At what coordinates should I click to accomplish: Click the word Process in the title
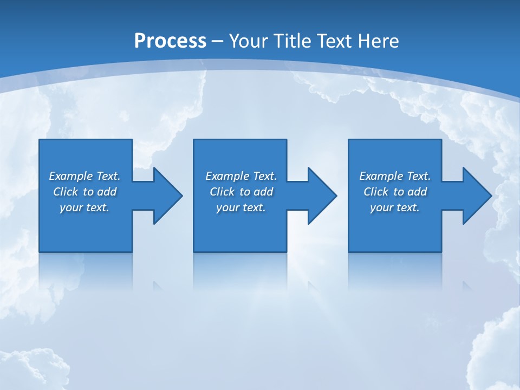170,41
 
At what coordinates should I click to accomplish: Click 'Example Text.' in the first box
84,176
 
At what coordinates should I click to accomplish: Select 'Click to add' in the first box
84,192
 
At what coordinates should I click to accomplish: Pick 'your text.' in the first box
84,207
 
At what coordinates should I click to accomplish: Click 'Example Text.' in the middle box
241,176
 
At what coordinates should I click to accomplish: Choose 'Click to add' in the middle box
241,192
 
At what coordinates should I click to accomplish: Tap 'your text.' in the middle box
241,207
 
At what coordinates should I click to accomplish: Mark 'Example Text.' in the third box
395,176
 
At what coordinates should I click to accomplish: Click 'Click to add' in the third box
395,192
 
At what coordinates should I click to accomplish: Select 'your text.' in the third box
395,207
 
